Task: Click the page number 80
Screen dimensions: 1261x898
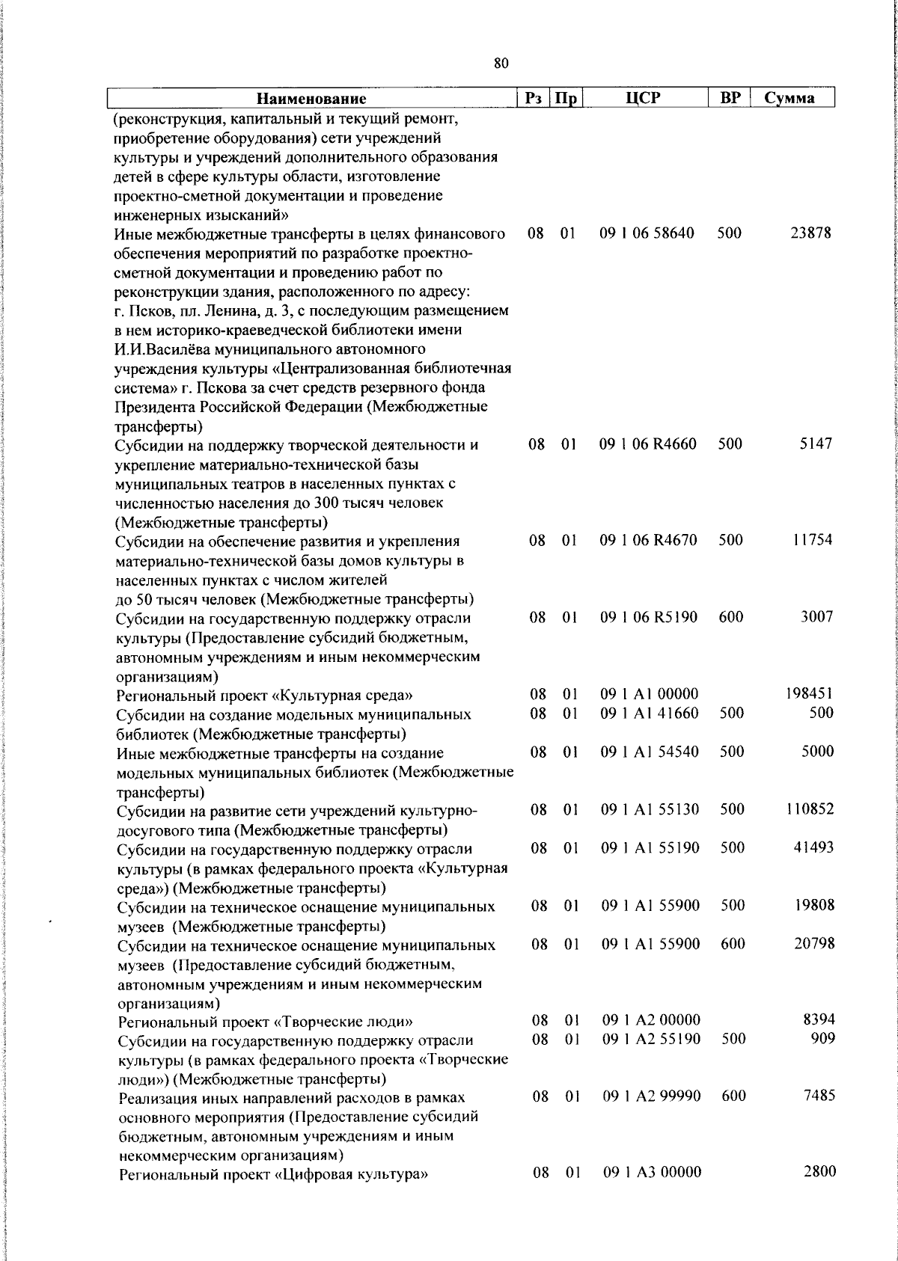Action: (x=501, y=64)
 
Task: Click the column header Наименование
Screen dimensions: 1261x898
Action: (x=312, y=99)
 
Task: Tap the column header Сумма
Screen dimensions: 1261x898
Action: (x=789, y=99)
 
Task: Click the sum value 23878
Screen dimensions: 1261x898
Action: (x=810, y=233)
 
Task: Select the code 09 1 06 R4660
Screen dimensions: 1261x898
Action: (x=648, y=444)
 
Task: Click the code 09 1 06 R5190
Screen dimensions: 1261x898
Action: (x=649, y=618)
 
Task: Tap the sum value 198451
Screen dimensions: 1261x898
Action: (x=809, y=694)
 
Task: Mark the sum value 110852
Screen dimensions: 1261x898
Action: (x=810, y=809)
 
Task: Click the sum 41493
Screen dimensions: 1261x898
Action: (x=813, y=847)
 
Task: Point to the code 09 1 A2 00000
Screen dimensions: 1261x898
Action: (x=651, y=1020)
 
